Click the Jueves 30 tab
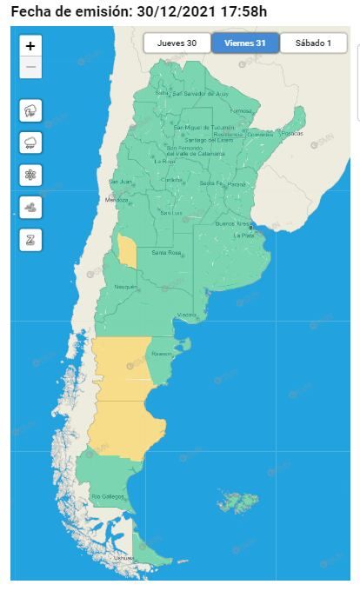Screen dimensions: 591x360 tap(177, 43)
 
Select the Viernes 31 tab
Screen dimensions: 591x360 tap(244, 43)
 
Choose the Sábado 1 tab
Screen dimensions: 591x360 tap(313, 43)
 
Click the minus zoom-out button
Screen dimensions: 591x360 tap(30, 67)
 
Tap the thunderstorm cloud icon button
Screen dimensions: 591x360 tap(30, 110)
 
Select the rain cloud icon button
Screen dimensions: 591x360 tap(30, 143)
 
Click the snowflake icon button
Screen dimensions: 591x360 tap(30, 175)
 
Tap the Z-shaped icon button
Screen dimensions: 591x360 tap(30, 239)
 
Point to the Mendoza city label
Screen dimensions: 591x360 tap(117, 200)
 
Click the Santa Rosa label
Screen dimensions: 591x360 tap(165, 253)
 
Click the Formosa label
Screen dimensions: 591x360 tap(241, 111)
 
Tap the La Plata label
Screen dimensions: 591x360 tap(243, 236)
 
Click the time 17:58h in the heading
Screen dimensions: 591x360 tap(244, 10)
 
